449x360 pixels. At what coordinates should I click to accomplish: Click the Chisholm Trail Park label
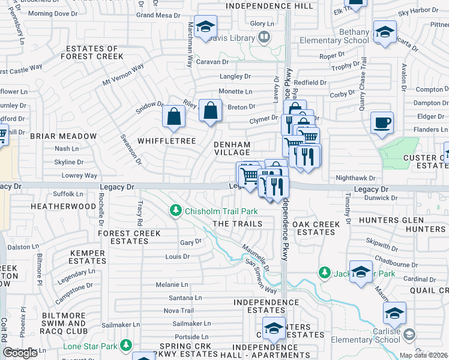(221, 211)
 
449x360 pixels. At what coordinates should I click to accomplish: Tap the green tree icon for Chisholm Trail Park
(176, 211)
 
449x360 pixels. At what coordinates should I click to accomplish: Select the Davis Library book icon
(263, 38)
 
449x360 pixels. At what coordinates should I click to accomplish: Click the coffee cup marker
(382, 124)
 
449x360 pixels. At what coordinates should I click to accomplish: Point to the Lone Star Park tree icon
(126, 346)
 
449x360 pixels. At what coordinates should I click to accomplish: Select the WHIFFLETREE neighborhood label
(167, 140)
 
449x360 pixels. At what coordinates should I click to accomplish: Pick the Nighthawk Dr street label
(355, 178)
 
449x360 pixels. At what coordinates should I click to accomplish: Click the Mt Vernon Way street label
(124, 74)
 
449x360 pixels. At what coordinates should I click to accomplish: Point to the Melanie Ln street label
(172, 285)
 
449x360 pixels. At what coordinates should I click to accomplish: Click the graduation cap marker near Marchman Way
(205, 27)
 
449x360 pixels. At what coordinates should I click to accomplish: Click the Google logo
(20, 353)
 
